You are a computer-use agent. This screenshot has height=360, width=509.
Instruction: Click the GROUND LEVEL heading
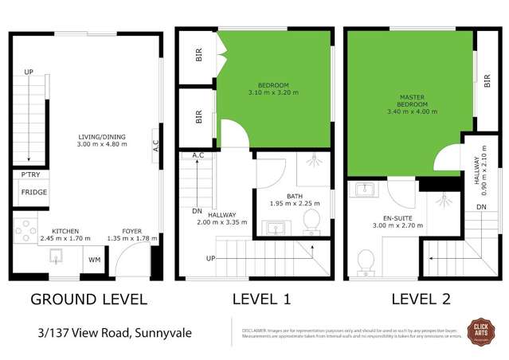(x=88, y=299)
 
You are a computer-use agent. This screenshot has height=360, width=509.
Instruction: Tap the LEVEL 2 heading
(x=421, y=299)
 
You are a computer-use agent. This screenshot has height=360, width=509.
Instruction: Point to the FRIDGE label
(x=33, y=193)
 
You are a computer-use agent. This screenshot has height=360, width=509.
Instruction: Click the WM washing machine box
(x=94, y=260)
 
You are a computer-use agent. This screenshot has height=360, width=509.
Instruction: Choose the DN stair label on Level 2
(x=481, y=206)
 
